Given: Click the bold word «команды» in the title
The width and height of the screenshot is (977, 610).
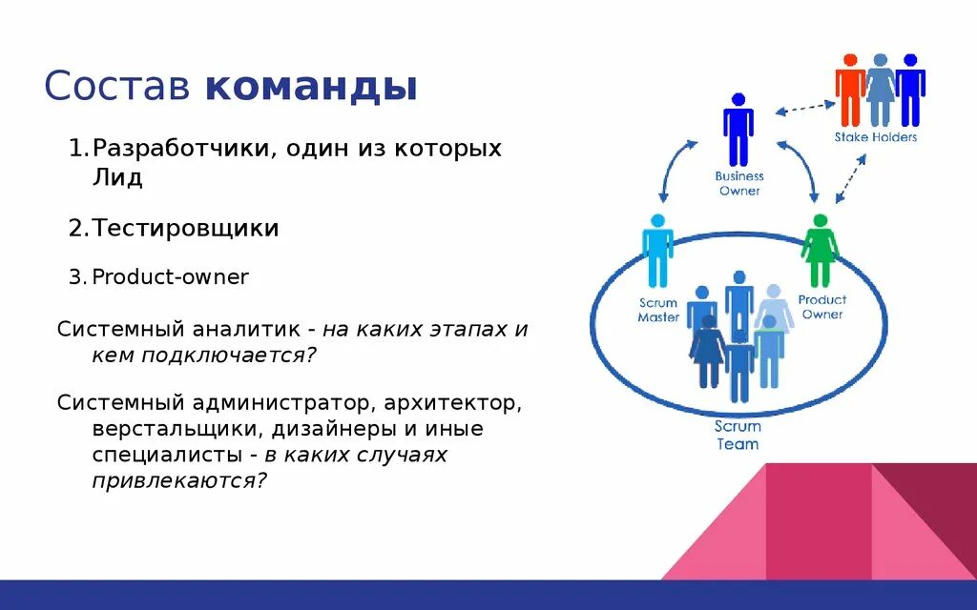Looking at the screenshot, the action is [x=311, y=88].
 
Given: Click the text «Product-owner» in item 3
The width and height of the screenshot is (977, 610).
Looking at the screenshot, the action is [x=171, y=277].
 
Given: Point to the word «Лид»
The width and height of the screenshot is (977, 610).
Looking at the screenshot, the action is [x=117, y=178].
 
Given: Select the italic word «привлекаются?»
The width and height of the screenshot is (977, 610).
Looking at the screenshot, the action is [x=179, y=480].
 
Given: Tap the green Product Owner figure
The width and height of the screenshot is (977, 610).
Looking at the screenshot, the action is [x=820, y=251].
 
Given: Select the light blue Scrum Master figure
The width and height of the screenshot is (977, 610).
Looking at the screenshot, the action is [x=657, y=250].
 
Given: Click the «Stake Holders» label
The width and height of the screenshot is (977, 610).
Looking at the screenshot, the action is [x=875, y=137].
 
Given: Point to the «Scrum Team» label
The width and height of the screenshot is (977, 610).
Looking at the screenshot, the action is [x=738, y=436].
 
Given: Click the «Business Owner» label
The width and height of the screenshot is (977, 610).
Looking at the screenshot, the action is [x=739, y=183].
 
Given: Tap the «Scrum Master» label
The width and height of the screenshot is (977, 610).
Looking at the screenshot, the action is [x=658, y=310].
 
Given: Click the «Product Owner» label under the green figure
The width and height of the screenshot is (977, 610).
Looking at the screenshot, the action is [x=821, y=307].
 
